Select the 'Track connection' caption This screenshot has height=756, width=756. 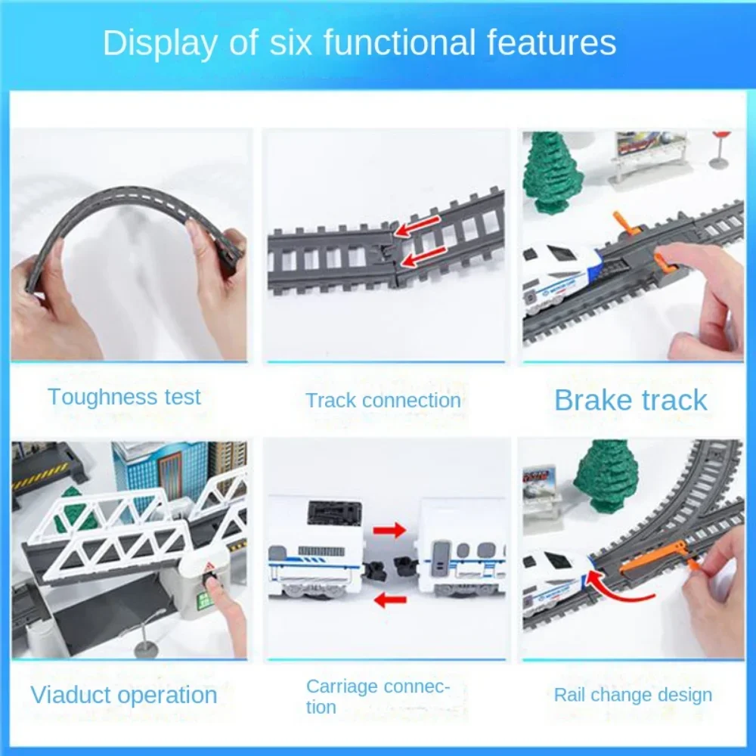tap(383, 401)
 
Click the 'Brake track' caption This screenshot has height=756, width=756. tap(631, 400)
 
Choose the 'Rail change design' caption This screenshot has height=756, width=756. tap(633, 695)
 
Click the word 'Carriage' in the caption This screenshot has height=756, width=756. tap(342, 686)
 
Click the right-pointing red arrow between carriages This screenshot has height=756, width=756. tap(389, 530)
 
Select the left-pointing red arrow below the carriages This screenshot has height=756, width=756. tap(391, 601)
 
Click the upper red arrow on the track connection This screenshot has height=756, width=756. tap(419, 228)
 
